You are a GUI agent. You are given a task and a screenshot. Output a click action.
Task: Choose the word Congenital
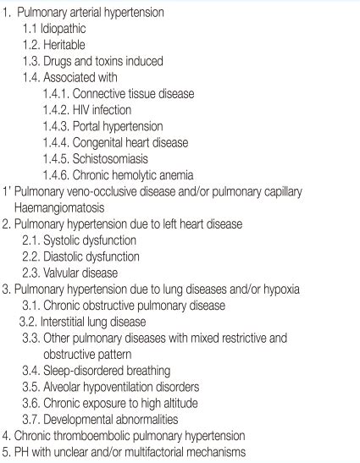(x=109, y=142)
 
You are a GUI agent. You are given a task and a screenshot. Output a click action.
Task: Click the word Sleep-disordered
(x=86, y=371)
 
